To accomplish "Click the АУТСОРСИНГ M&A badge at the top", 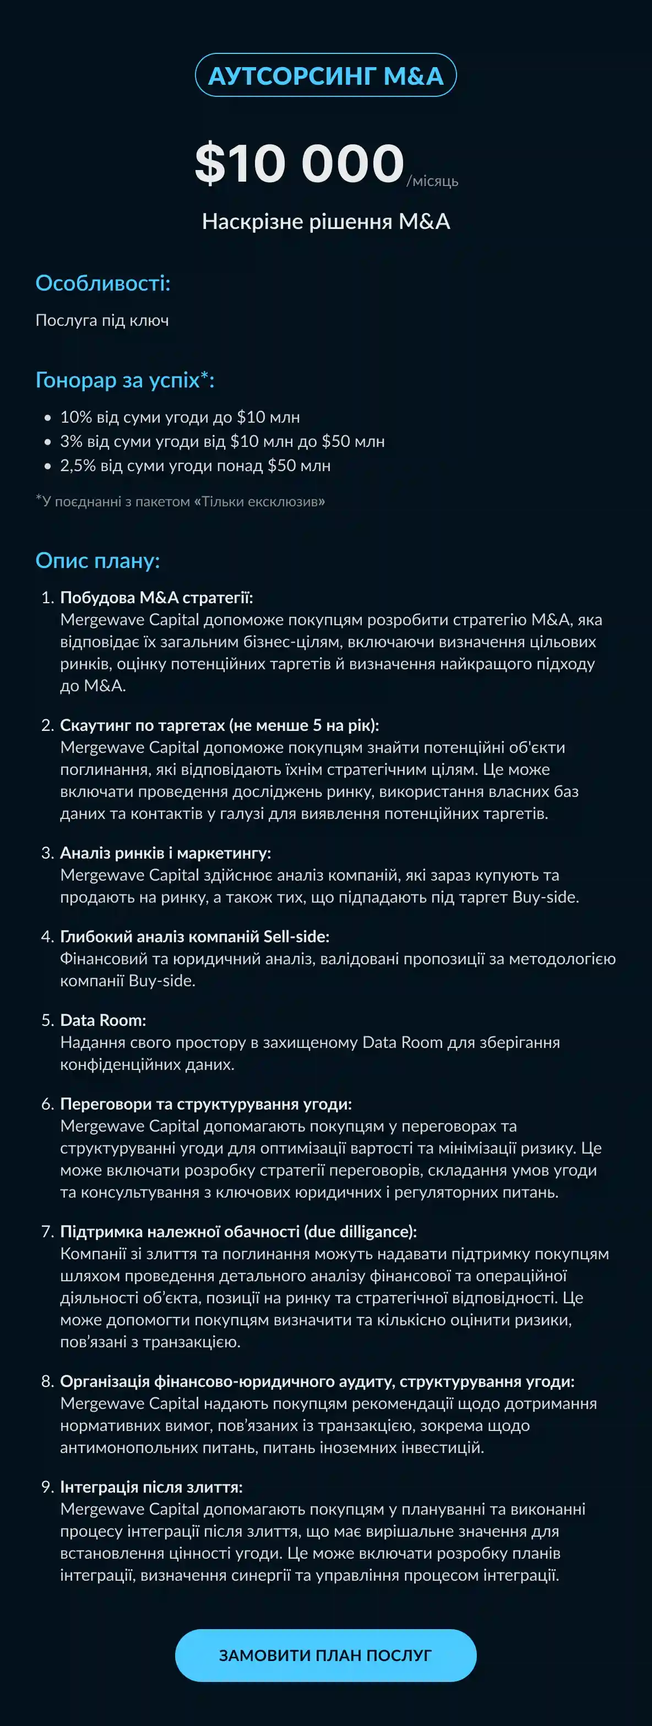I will click(x=325, y=75).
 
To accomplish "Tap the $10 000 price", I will click(x=300, y=163).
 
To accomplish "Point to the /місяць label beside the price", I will click(x=432, y=181).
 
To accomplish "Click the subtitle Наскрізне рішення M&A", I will click(x=325, y=221).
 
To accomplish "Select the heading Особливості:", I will click(x=102, y=283).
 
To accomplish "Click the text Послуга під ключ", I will click(x=102, y=320).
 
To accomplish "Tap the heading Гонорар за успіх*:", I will click(x=124, y=380).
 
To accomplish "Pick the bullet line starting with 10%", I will click(x=180, y=417).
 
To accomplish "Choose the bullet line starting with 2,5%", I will click(x=195, y=466).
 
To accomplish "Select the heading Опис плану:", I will click(x=98, y=560).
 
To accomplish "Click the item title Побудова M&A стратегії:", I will click(x=156, y=597).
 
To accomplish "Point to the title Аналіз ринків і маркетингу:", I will click(x=166, y=853).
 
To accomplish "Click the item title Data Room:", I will click(x=103, y=1020).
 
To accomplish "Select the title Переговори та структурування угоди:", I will click(x=206, y=1104).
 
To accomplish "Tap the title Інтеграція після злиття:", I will click(x=151, y=1487).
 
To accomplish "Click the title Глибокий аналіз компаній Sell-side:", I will click(x=194, y=936).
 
